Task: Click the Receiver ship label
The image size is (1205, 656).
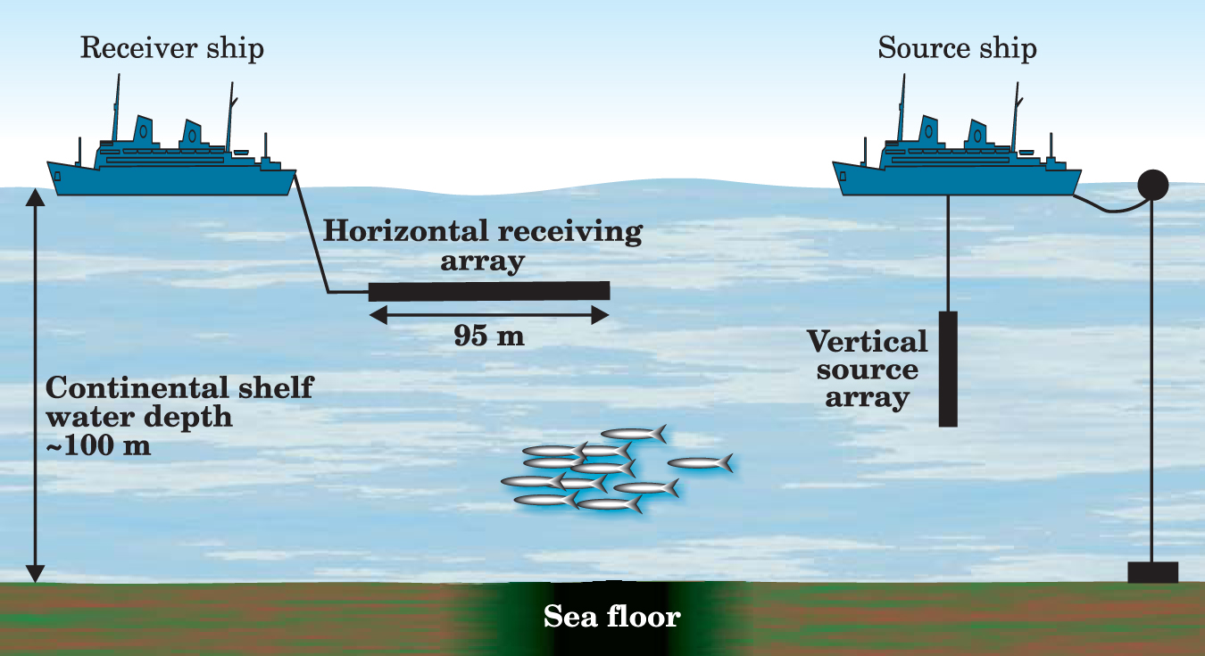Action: [171, 47]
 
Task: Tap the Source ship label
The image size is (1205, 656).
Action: [957, 47]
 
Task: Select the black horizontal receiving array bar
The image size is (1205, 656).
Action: [489, 291]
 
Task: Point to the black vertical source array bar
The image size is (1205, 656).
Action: [948, 369]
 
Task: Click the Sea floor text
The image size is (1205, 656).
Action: [612, 617]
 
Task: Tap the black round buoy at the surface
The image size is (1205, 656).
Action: [1153, 185]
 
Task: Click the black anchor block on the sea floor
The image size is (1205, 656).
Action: [1152, 572]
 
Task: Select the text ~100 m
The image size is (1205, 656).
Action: [97, 445]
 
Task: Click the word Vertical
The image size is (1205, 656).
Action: [868, 342]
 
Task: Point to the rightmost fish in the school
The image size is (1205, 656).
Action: [701, 463]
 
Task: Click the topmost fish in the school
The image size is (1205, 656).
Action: [634, 435]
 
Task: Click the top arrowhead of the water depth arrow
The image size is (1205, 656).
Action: [35, 195]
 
